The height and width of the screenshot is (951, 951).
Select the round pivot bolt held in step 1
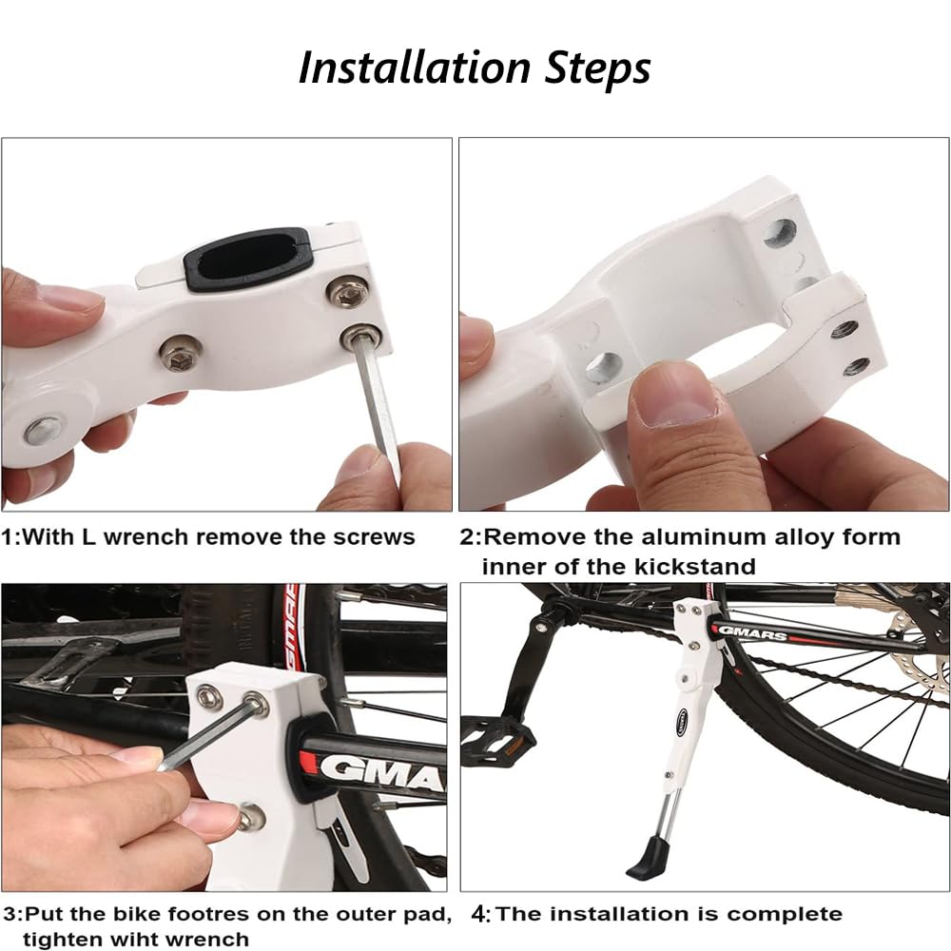(44, 430)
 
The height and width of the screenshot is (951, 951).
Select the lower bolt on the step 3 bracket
(251, 816)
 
